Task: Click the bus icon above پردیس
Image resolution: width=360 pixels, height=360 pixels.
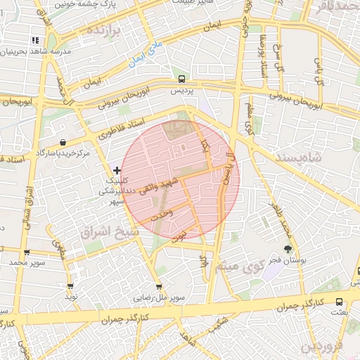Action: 182,79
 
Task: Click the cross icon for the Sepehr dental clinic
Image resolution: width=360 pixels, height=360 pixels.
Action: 117,171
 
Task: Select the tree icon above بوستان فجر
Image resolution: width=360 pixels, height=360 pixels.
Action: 288,248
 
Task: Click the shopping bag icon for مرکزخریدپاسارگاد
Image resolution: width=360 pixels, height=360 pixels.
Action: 64,142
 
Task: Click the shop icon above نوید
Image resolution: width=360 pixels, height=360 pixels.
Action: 70,286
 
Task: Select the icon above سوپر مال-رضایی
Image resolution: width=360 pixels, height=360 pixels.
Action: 159,287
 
